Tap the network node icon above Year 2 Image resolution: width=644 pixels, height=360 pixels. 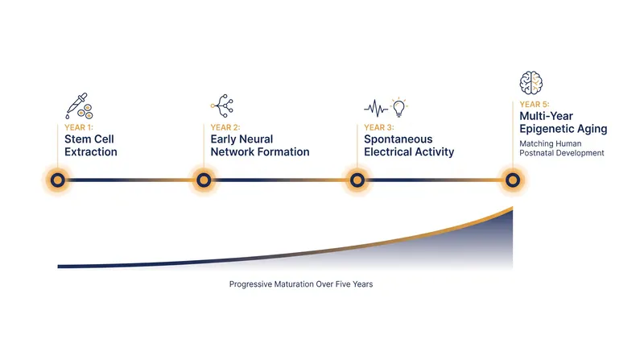(222, 106)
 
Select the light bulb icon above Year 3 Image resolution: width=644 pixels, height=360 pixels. (398, 107)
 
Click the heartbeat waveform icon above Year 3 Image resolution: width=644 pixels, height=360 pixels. (376, 108)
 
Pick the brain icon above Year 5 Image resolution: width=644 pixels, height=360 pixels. (530, 83)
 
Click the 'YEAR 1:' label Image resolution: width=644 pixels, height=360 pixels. (79, 127)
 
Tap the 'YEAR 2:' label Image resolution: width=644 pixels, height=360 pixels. (225, 127)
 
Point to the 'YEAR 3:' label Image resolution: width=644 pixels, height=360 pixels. (379, 127)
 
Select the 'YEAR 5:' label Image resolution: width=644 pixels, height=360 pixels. (535, 105)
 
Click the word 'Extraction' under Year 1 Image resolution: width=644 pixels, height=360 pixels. (91, 152)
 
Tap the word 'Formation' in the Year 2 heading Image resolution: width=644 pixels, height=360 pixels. (283, 152)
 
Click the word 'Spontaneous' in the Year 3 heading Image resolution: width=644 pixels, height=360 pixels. (398, 139)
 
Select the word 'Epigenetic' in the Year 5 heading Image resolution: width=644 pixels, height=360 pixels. (547, 129)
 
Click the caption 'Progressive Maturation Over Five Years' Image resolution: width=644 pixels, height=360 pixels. (301, 284)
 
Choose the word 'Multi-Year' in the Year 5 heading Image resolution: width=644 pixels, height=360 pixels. (547, 116)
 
